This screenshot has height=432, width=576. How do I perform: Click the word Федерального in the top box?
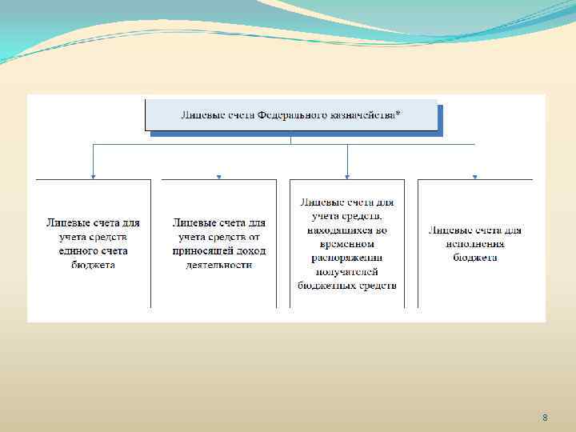pyautogui.click(x=293, y=115)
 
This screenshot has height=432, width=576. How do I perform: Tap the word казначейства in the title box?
pyautogui.click(x=363, y=115)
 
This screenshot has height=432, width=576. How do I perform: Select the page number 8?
pyautogui.click(x=545, y=418)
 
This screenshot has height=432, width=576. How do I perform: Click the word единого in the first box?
pyautogui.click(x=74, y=250)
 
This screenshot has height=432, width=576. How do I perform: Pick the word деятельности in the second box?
pyautogui.click(x=219, y=264)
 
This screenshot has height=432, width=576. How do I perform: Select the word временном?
pyautogui.click(x=347, y=244)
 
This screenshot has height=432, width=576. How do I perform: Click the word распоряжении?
pyautogui.click(x=347, y=258)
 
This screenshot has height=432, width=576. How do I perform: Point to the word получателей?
pyautogui.click(x=347, y=271)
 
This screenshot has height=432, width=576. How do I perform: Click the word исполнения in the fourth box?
pyautogui.click(x=475, y=243)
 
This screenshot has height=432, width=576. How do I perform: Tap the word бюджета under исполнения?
pyautogui.click(x=475, y=257)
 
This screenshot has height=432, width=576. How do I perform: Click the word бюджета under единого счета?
pyautogui.click(x=93, y=264)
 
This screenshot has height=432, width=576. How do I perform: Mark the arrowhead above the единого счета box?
pyautogui.click(x=93, y=175)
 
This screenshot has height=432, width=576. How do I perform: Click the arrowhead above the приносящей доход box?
pyautogui.click(x=219, y=176)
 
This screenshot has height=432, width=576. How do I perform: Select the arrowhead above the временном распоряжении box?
pyautogui.click(x=347, y=175)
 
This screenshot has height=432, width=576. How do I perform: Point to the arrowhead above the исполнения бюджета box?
pyautogui.click(x=475, y=176)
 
